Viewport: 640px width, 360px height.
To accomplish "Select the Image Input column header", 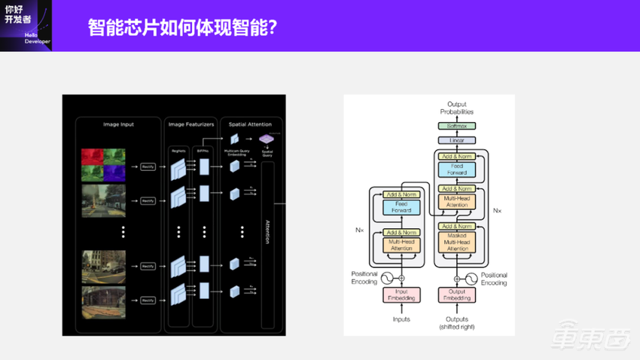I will point(118,124).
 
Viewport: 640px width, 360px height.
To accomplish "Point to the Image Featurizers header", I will point(190,124).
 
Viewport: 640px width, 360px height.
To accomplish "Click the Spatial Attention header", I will point(251,124).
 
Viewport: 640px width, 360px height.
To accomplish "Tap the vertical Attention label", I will point(267,231).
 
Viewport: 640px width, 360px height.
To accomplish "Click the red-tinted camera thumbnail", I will point(93,157).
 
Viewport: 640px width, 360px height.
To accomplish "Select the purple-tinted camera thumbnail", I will point(114,175).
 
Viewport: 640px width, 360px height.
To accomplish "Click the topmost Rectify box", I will point(148,166).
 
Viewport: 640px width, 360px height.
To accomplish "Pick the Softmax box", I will point(457,126).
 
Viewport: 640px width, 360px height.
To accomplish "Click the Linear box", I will point(457,140).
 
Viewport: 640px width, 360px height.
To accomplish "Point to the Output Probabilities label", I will point(457,108).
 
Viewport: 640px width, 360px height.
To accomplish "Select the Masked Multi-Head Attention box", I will point(457,243).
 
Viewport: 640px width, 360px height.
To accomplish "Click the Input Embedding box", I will point(401,294).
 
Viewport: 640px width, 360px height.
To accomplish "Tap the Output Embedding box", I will point(457,294).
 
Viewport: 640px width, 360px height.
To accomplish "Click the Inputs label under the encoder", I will point(401,319).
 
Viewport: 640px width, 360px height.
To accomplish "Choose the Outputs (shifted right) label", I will point(457,322).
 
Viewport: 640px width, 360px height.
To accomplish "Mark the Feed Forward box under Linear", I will point(457,169).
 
